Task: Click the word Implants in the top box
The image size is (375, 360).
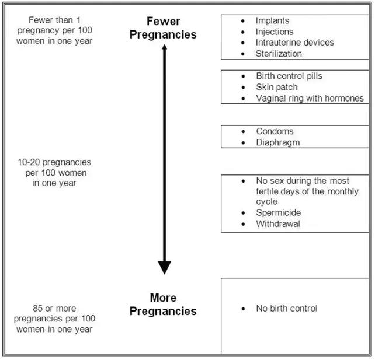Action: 272,21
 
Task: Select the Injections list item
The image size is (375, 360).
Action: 275,32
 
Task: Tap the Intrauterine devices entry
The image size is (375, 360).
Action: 294,43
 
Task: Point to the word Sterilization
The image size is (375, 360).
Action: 279,54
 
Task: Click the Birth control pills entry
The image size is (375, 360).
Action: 289,76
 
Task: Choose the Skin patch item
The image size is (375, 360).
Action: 276,88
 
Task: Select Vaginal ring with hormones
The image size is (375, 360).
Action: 310,99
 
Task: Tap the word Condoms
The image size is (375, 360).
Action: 275,131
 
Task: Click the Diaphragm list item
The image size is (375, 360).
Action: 278,142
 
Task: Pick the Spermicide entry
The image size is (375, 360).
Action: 278,213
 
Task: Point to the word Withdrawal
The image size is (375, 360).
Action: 278,224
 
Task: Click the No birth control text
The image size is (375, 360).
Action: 286,308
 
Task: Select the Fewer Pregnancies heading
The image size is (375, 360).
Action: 163,28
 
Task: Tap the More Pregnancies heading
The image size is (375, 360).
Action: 163,305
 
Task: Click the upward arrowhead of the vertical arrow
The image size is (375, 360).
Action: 165,48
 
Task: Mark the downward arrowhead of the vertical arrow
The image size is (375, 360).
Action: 165,267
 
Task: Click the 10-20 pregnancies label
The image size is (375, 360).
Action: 54,173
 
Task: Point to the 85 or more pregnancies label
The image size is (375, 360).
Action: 54,319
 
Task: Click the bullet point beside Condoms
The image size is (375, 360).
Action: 243,132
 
